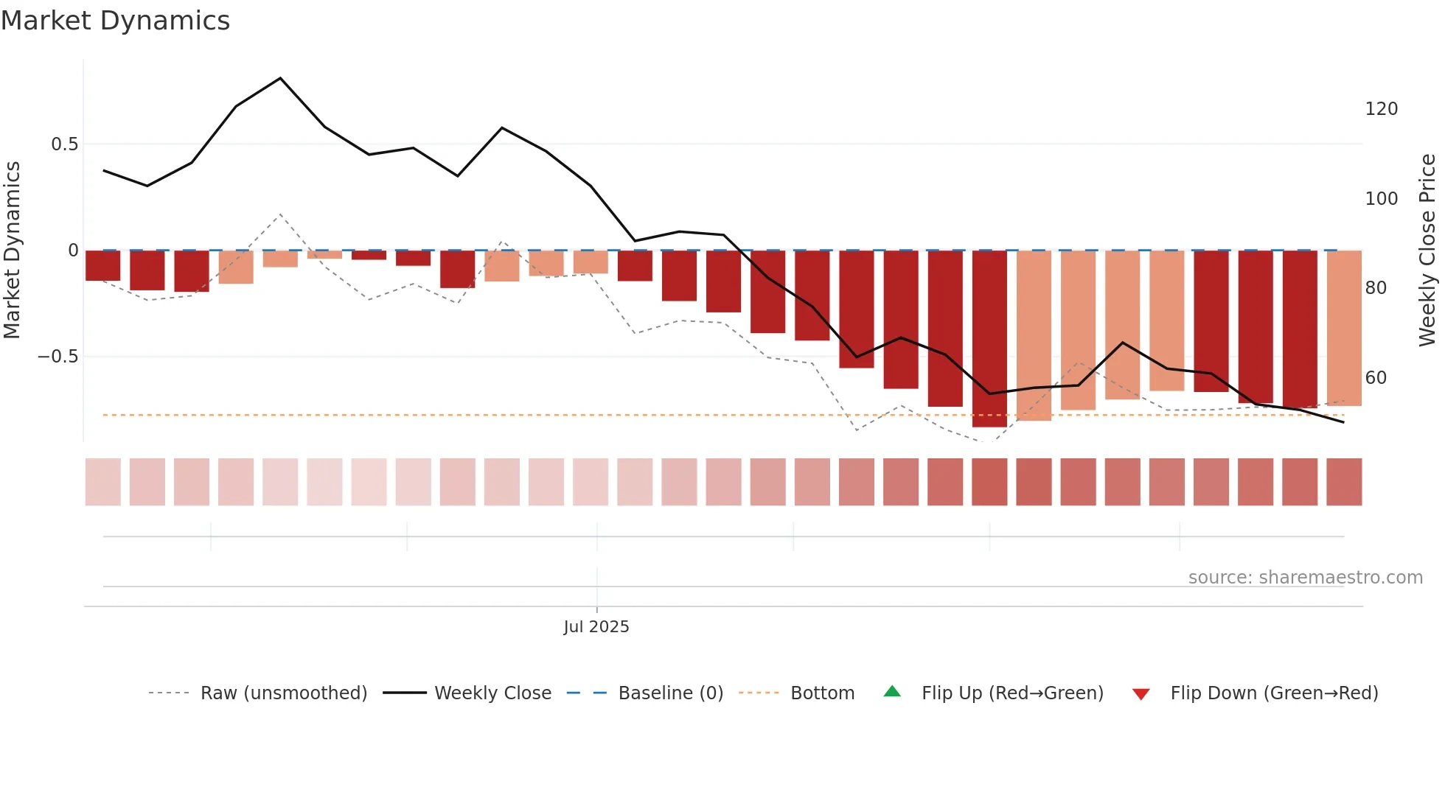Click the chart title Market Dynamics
tap(115, 21)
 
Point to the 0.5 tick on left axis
tap(64, 144)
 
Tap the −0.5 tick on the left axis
tap(58, 357)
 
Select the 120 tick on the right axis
tap(1381, 109)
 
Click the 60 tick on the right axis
tap(1376, 378)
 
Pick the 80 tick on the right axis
tap(1376, 288)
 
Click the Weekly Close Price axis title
tap(1427, 251)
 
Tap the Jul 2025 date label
tap(596, 627)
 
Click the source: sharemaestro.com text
tap(1305, 578)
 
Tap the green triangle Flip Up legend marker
tap(892, 692)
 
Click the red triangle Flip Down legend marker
tap(1141, 694)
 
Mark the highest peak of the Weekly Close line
tap(280, 78)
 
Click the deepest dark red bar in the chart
tap(989, 339)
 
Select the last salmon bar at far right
tap(1343, 328)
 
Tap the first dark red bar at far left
tap(102, 266)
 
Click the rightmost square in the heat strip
tap(1343, 482)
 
